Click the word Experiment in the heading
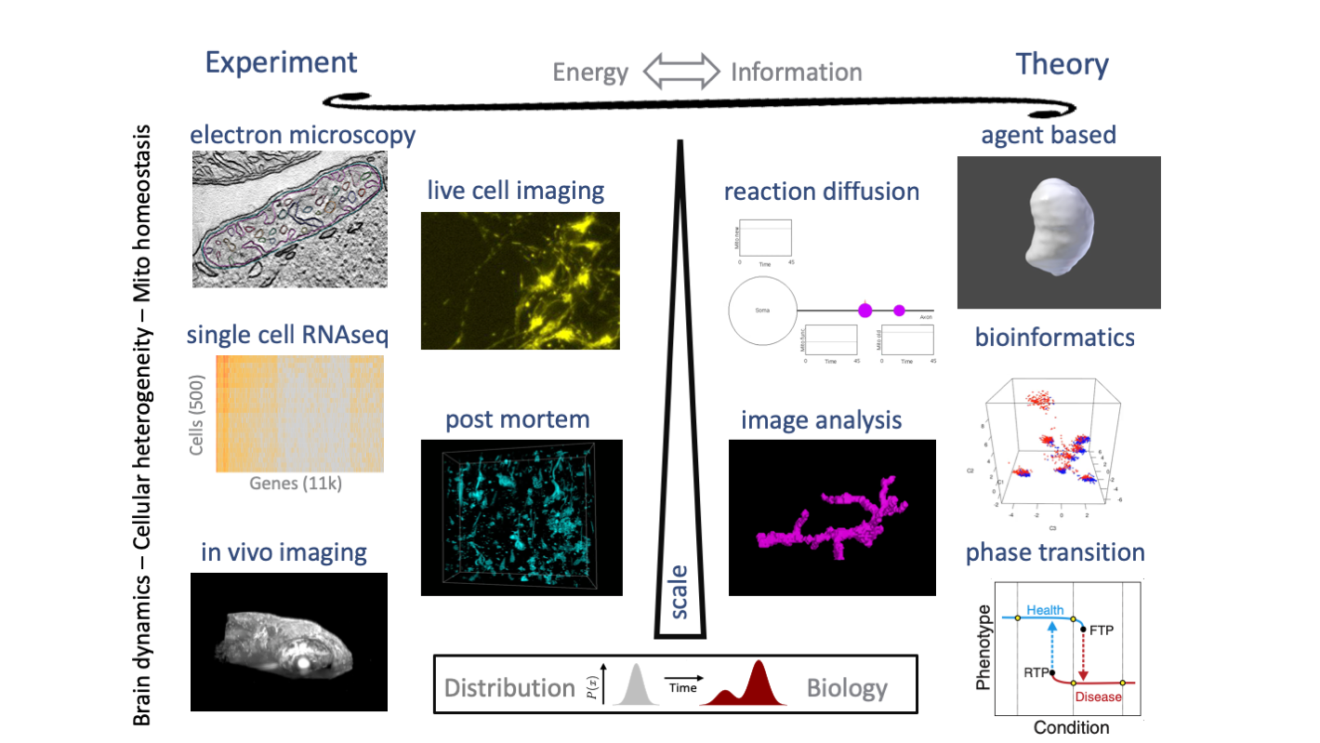click(281, 62)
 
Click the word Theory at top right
click(1062, 64)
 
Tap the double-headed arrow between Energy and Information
click(681, 72)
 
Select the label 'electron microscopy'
click(302, 136)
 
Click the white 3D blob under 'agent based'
click(1058, 227)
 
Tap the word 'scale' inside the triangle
click(680, 592)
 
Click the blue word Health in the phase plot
click(1045, 611)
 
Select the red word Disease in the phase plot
click(1098, 697)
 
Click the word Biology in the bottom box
click(847, 689)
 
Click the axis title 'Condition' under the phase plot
click(1072, 727)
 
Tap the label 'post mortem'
click(517, 419)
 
